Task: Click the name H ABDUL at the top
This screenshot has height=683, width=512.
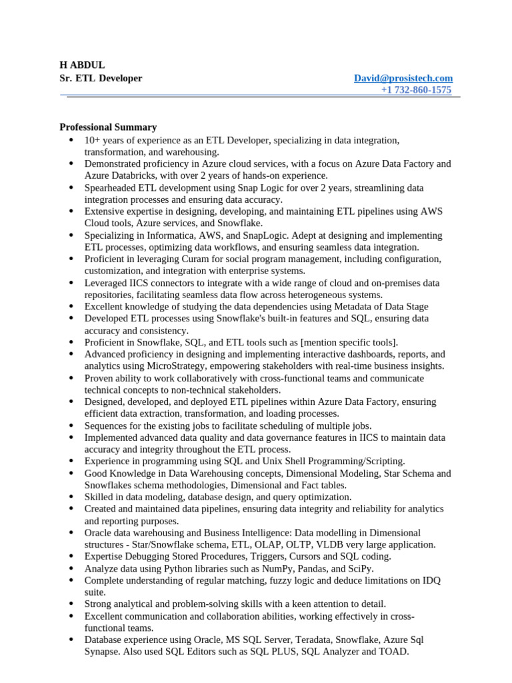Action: pos(82,65)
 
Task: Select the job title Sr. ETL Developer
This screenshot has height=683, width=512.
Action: pos(101,78)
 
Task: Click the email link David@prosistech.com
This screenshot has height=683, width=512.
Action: pos(403,78)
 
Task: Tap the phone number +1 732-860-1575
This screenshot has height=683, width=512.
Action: pos(416,90)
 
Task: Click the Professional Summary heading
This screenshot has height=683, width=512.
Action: pos(108,127)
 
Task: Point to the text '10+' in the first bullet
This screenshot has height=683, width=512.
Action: pos(92,140)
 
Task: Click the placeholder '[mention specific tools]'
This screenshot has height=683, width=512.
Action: pos(349,342)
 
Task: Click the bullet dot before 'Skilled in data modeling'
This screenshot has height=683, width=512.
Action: pos(71,497)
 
